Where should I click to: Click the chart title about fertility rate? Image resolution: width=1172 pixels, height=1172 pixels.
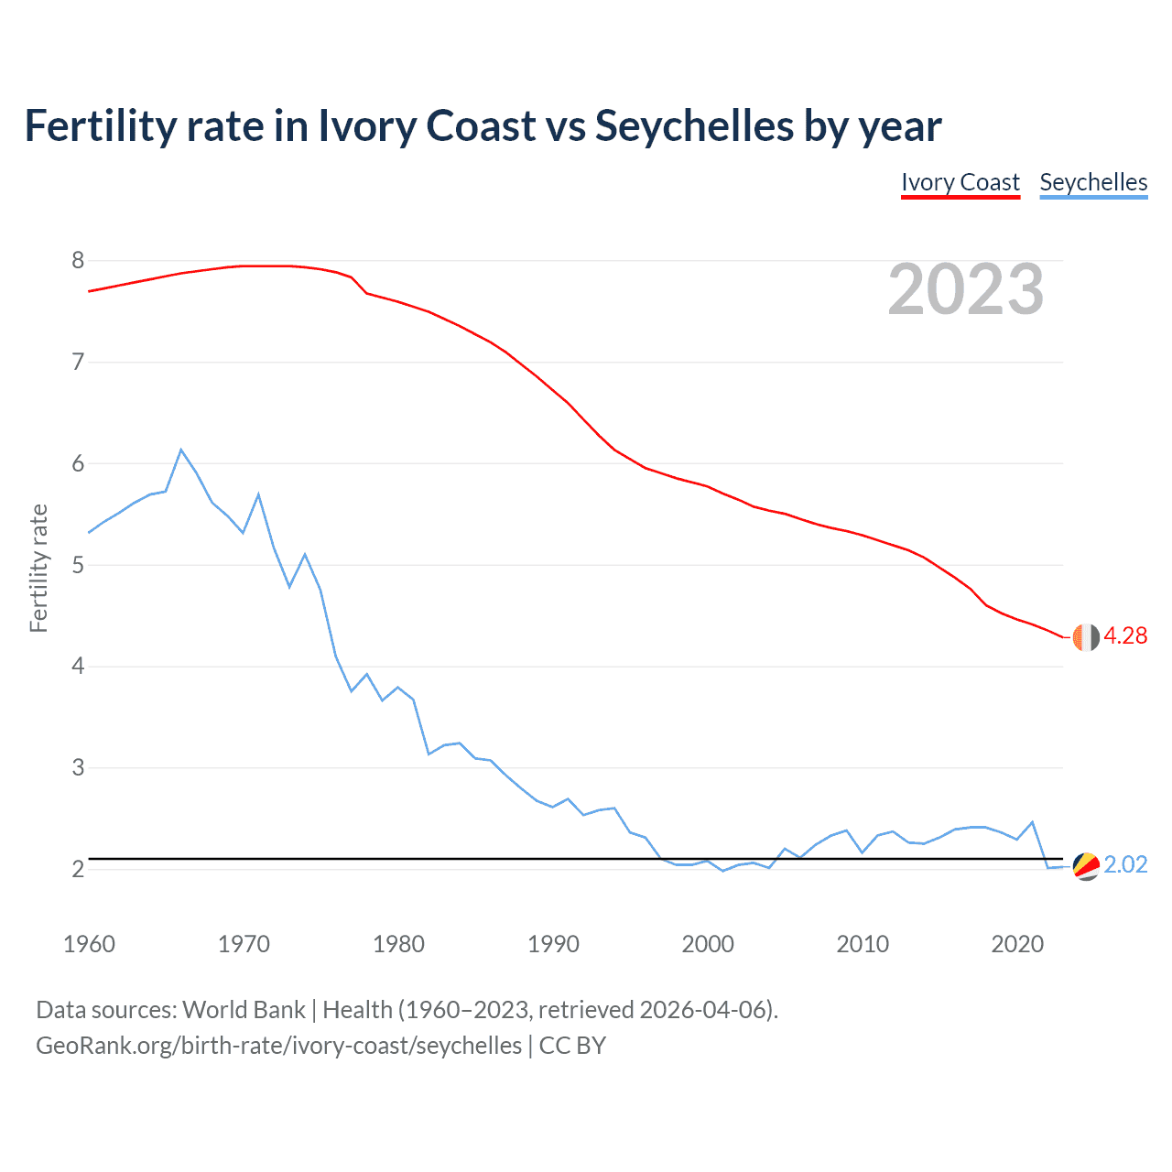[483, 126]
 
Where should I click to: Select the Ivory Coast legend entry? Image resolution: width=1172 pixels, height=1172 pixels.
[960, 182]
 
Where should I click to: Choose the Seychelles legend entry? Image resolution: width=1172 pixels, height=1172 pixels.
[1093, 182]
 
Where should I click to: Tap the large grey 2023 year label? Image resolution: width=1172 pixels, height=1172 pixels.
[966, 289]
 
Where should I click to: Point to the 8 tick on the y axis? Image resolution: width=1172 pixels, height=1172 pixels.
[78, 261]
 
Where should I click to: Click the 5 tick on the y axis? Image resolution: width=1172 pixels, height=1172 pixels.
[78, 565]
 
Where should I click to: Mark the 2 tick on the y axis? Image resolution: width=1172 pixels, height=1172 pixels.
[78, 869]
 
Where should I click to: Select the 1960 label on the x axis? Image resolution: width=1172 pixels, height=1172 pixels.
[89, 944]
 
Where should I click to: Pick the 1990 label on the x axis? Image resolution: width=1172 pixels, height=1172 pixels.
[553, 944]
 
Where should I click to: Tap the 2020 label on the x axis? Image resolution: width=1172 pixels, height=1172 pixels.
[1017, 944]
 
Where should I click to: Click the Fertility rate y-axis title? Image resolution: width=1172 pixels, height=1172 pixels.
[38, 568]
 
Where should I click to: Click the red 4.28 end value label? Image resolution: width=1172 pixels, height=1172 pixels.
[1125, 636]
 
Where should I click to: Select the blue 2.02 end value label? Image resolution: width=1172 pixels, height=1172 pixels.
[1125, 865]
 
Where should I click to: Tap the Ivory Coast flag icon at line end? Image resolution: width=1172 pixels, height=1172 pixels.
[1086, 637]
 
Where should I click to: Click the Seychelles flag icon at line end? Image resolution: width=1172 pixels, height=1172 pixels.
[1086, 866]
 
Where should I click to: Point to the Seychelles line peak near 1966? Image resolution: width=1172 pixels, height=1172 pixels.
[181, 450]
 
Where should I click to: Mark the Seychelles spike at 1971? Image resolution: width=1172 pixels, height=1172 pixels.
[258, 494]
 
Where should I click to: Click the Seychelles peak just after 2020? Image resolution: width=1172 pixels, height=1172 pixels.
[1033, 822]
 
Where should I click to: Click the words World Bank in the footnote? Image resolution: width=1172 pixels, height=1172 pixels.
[244, 1010]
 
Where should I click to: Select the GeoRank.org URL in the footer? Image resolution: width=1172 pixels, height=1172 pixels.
[278, 1046]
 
